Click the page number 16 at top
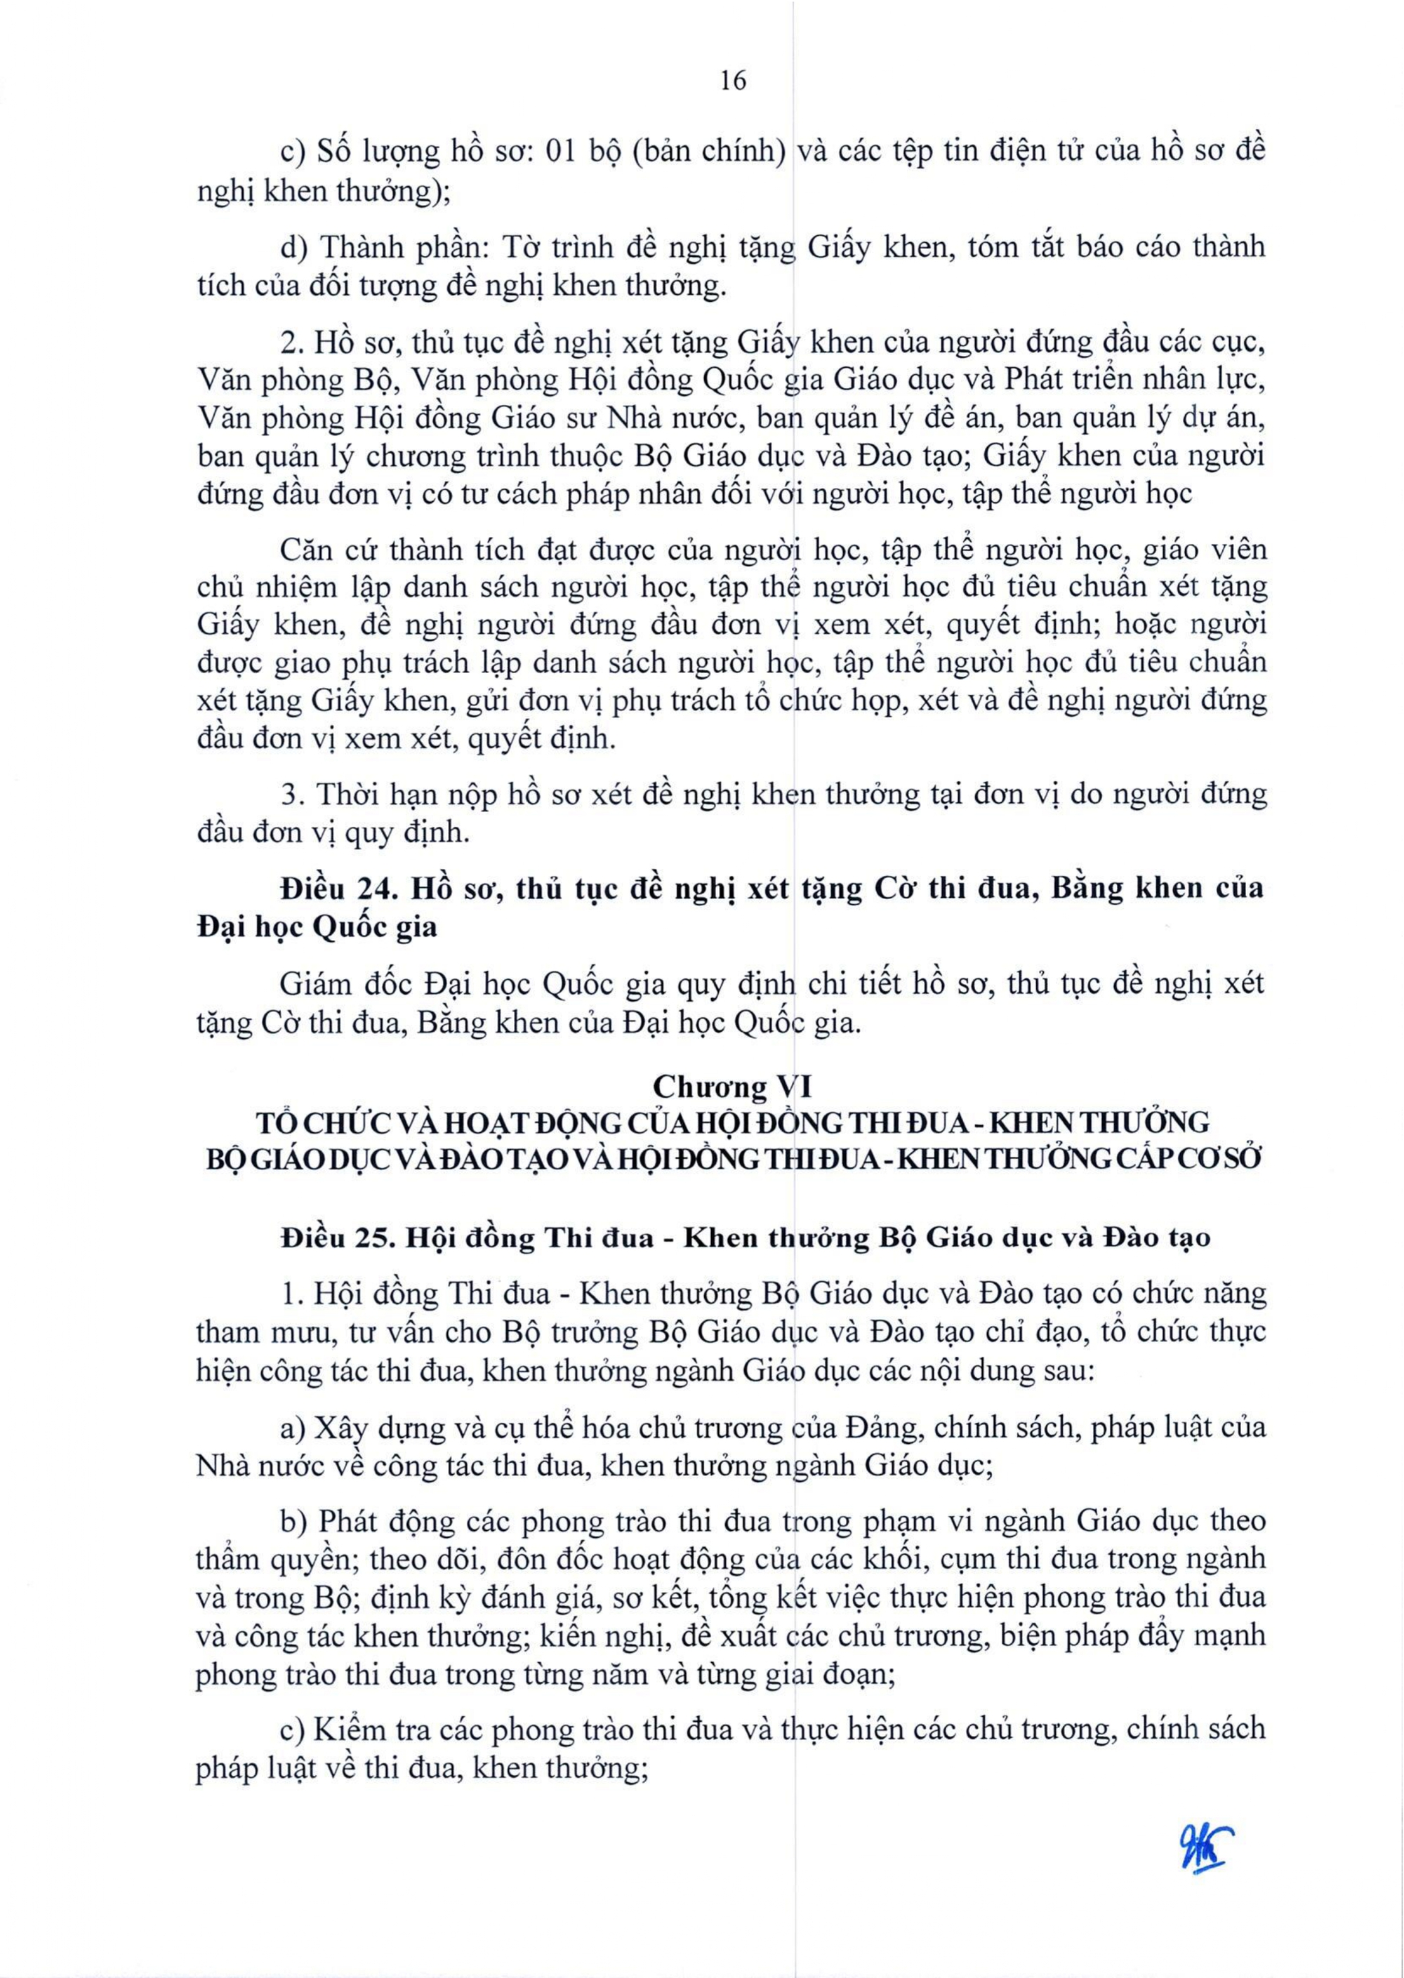click(x=732, y=81)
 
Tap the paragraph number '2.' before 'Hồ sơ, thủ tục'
click(x=291, y=343)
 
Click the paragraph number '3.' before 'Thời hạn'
click(x=291, y=795)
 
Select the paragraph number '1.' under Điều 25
click(x=290, y=1294)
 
